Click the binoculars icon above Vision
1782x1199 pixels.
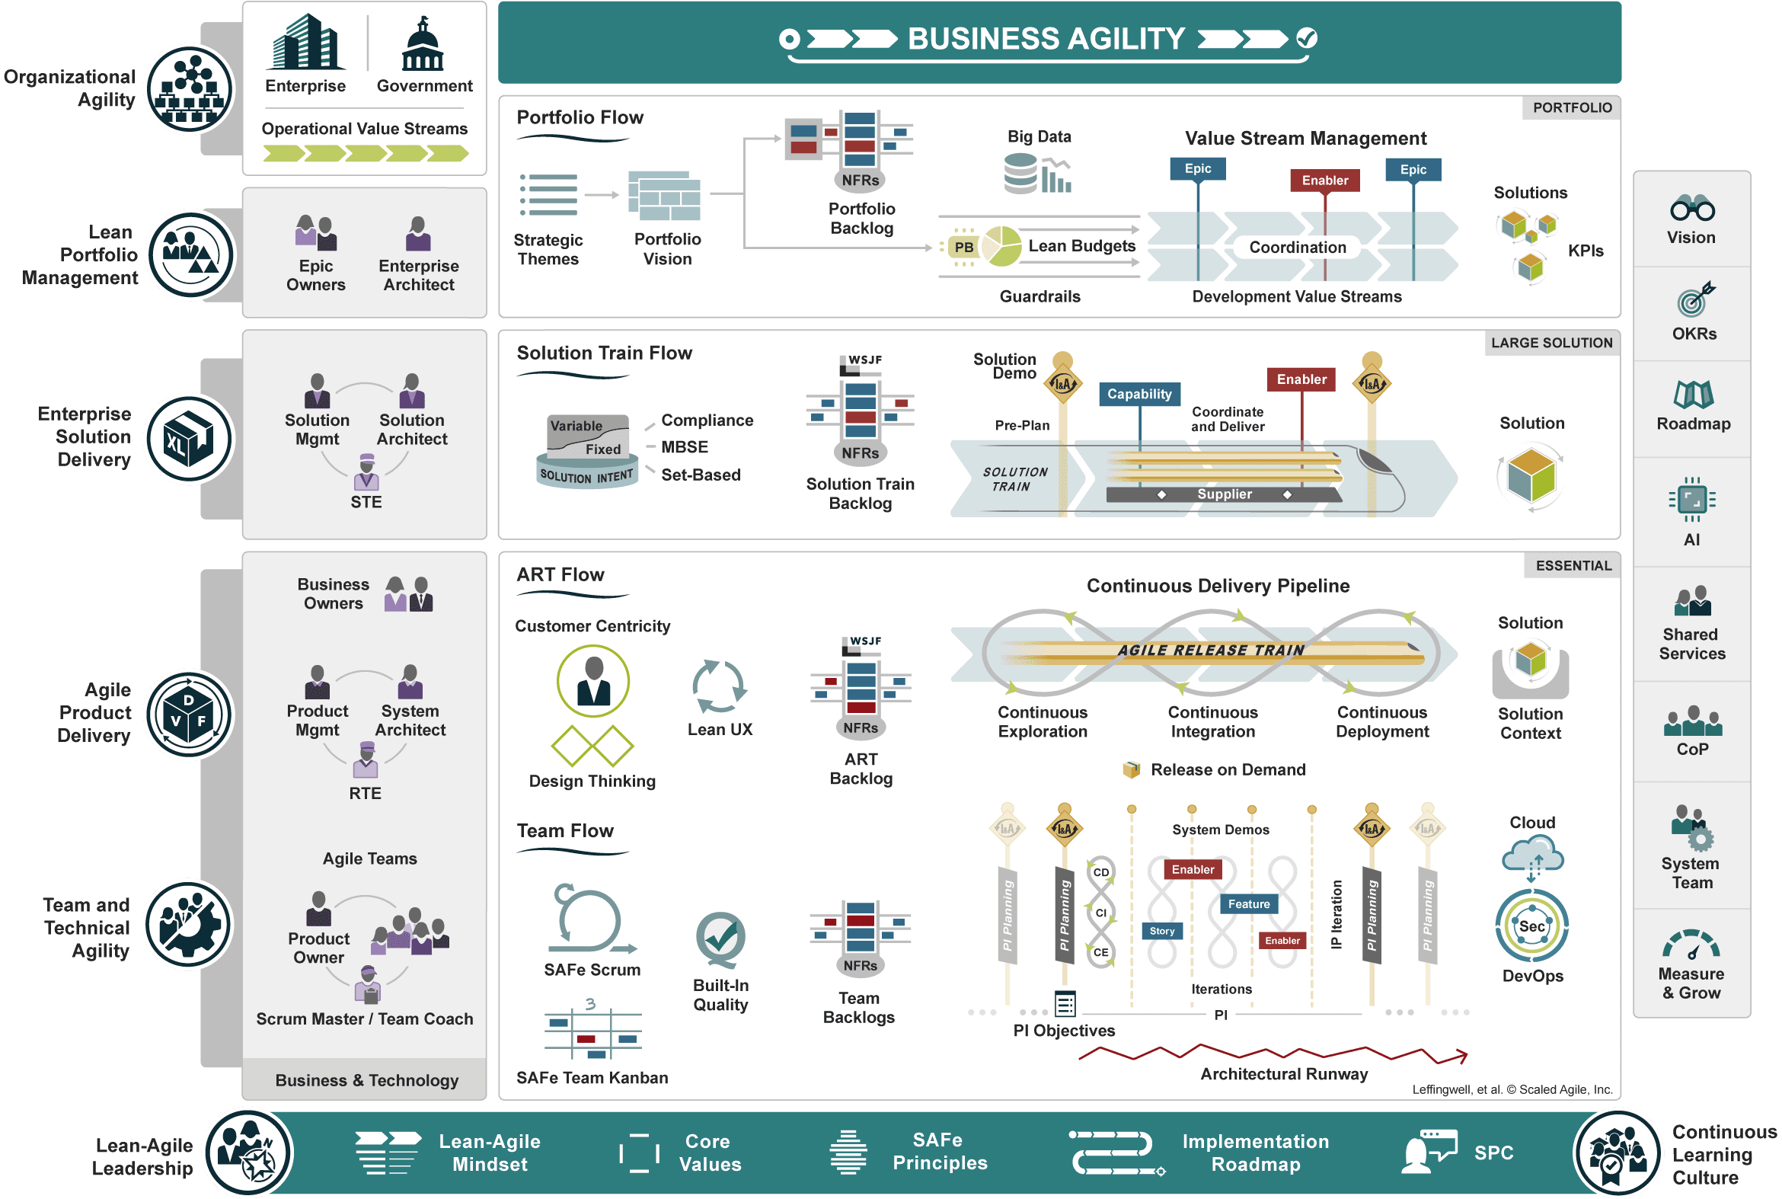[1692, 208]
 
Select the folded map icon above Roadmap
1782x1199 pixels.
[1694, 395]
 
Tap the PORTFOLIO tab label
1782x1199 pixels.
[1572, 108]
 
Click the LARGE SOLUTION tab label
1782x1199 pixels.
[1551, 344]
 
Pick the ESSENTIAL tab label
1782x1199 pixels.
[1573, 566]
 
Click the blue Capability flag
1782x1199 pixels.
[1139, 394]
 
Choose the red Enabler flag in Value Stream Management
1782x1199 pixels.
[1325, 181]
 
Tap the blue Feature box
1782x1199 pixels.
[1248, 904]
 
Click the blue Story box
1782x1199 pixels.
[1161, 931]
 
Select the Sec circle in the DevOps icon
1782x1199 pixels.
[1531, 926]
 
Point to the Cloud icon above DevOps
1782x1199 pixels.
[1532, 855]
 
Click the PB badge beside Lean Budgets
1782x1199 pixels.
[963, 247]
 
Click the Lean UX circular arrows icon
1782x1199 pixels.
[719, 686]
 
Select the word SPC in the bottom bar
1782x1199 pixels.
[1493, 1153]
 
